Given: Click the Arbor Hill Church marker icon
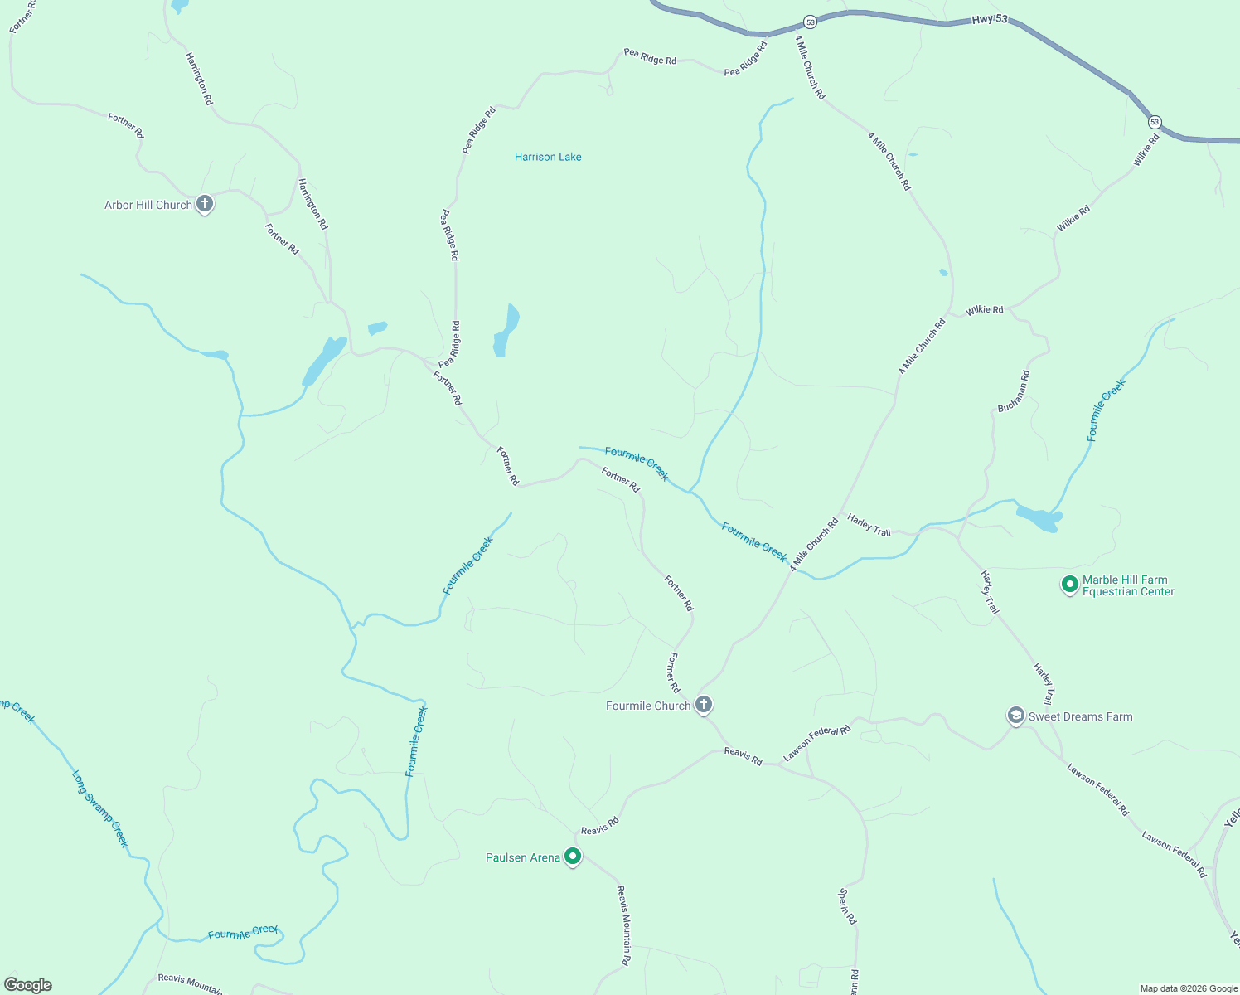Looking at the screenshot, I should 205,204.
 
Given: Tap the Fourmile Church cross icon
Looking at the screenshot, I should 704,705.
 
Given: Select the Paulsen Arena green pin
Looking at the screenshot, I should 573,856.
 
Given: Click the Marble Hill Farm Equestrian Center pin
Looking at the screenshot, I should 1069,585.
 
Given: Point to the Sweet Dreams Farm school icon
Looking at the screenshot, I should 1015,716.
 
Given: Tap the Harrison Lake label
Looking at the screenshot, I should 548,157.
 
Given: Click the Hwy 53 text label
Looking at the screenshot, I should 990,19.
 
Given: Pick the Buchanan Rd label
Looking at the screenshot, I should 1013,392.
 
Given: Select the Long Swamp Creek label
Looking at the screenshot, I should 100,809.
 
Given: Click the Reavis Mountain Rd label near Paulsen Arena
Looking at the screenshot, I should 624,925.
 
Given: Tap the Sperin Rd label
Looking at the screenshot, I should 847,906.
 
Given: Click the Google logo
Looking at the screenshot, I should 28,985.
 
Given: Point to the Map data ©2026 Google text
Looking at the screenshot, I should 1189,988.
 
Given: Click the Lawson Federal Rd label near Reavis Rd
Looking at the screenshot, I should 817,743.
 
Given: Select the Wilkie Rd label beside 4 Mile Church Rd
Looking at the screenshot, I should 985,310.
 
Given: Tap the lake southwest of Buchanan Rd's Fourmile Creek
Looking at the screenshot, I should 1039,518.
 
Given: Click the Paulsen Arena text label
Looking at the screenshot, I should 523,857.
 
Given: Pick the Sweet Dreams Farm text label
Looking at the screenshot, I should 1080,716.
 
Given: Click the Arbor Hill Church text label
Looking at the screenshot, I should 148,205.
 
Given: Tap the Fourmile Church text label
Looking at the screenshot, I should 648,706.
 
